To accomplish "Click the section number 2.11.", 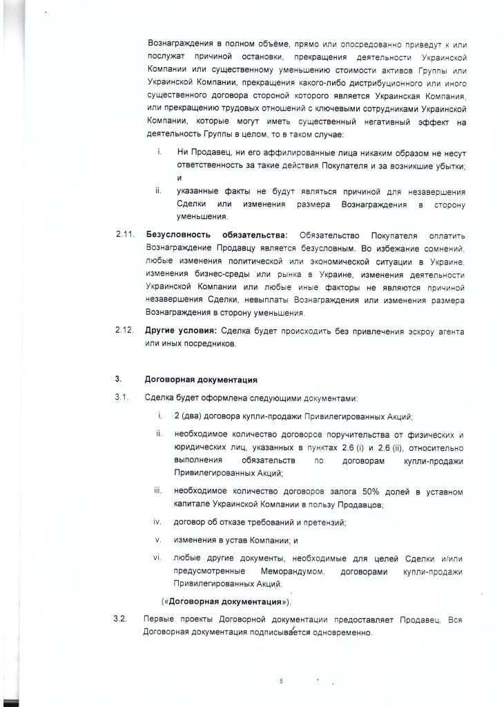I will pos(124,235).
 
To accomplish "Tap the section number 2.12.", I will pos(124,331).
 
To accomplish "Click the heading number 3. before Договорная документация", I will pos(118,379).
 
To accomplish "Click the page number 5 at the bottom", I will pos(281,681).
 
